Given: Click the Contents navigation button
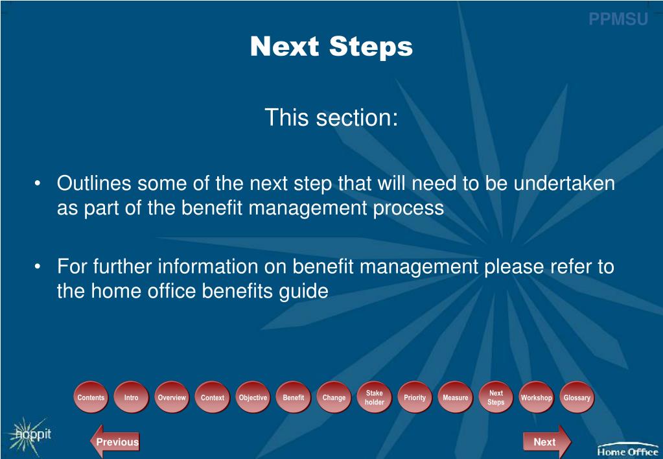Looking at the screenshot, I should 91,397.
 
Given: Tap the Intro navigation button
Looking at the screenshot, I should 132,397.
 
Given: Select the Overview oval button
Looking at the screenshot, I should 172,397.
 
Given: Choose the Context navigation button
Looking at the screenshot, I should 213,397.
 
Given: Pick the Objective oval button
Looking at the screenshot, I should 253,397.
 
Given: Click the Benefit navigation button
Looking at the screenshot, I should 294,397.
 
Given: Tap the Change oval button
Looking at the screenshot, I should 334,397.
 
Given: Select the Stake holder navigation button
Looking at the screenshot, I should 375,397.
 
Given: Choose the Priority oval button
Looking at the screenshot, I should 415,397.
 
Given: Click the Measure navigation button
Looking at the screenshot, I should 456,397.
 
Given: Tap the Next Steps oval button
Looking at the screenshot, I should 496,397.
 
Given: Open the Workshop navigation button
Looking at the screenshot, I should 537,397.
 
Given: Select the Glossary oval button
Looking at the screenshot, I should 577,397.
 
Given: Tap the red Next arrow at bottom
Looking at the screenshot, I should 546,442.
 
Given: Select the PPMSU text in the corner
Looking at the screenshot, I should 618,19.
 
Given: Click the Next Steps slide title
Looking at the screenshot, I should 331,47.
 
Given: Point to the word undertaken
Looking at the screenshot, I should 564,183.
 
